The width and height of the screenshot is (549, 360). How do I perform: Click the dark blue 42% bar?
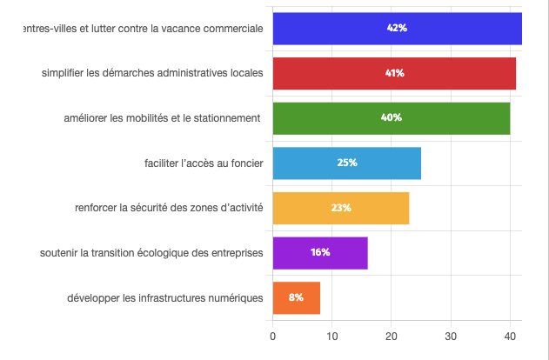pos(397,29)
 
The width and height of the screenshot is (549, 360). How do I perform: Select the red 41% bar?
pos(394,73)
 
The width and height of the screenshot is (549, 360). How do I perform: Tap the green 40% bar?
pos(391,117)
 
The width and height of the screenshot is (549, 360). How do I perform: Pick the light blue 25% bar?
pos(346,163)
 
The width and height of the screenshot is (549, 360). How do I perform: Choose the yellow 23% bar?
pos(340,208)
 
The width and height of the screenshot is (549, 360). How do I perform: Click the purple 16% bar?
pos(319,252)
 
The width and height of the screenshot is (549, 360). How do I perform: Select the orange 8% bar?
pos(296,297)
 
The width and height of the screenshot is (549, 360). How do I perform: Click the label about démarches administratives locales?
pos(152,73)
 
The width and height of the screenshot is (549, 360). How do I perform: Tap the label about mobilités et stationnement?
pos(163,118)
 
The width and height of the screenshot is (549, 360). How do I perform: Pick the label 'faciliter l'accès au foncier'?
pos(204,163)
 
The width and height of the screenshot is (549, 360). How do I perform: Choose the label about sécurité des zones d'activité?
pos(169,208)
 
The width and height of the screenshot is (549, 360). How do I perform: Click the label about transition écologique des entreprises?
pos(151,253)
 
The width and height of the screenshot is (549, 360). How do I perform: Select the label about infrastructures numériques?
pos(164,298)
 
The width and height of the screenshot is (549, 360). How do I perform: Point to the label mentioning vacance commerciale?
pos(144,28)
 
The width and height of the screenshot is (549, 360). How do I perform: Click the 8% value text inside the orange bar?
pos(296,297)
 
